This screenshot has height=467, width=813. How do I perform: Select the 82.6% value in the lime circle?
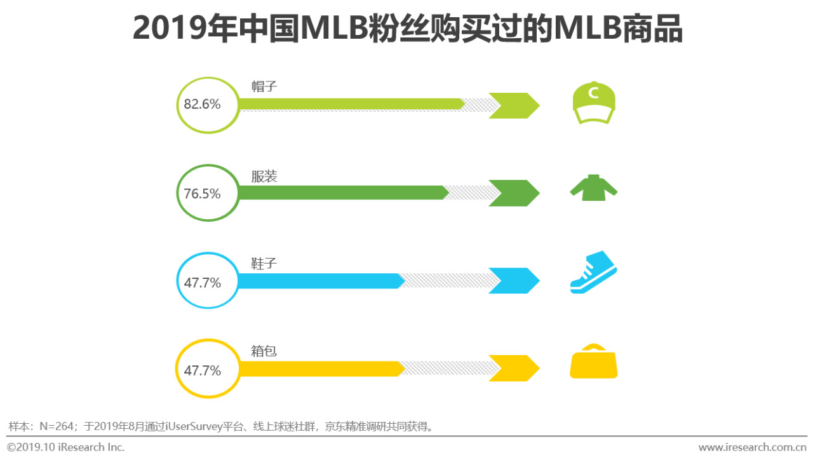click(x=203, y=105)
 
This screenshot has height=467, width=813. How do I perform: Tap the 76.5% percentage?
click(x=203, y=194)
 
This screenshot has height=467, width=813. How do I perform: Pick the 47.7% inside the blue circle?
click(x=203, y=282)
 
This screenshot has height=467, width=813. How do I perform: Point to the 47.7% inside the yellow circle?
click(x=203, y=370)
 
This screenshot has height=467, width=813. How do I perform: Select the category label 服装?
click(x=264, y=176)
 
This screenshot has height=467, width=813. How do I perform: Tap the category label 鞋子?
click(x=264, y=264)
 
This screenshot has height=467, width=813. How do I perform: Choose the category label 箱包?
click(x=264, y=351)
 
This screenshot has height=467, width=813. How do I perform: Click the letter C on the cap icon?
click(x=594, y=93)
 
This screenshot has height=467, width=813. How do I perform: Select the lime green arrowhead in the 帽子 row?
click(x=516, y=105)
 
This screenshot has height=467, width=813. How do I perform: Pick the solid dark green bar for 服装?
click(x=343, y=193)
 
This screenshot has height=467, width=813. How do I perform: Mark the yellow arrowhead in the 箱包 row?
click(x=516, y=369)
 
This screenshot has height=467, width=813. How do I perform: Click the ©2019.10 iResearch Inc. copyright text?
click(x=66, y=447)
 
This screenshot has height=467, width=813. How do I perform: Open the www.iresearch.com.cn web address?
click(x=752, y=447)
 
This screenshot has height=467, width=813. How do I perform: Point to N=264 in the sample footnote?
click(x=57, y=426)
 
